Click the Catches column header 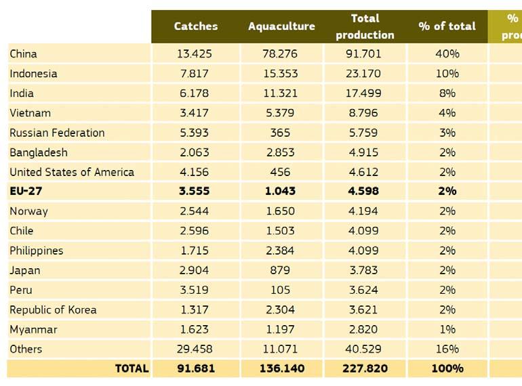coord(196,26)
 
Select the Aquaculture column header coord(281,26)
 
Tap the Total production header coord(365,26)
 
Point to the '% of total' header coord(447,26)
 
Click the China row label coord(23,53)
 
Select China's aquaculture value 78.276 coord(281,53)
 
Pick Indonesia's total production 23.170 coord(365,73)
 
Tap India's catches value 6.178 coord(196,93)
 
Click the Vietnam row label coord(30,112)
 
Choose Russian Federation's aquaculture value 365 coord(280,133)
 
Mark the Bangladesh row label coord(39,152)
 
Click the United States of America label coord(72,172)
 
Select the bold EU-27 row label coord(26,191)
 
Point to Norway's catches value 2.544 coord(196,211)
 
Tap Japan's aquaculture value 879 coord(280,270)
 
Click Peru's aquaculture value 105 coord(280,290)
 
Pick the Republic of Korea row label coord(53,309)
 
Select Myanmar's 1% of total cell coord(447,329)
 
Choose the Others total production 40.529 coord(365,349)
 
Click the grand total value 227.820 coord(365,369)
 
